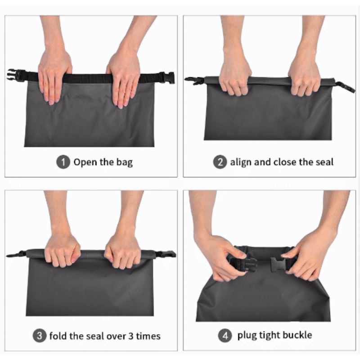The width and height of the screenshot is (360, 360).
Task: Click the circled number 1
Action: click(63, 162)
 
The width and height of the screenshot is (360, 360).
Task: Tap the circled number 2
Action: click(220, 162)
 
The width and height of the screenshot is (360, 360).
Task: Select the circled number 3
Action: click(40, 336)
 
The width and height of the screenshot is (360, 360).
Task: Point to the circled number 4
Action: click(225, 336)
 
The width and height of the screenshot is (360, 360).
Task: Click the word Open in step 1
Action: click(85, 162)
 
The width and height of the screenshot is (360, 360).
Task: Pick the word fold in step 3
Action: click(58, 336)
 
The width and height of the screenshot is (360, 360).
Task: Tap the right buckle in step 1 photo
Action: click(168, 77)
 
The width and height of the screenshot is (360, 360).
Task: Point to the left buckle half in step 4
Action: click(244, 265)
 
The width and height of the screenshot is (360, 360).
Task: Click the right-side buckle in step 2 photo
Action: click(346, 87)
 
